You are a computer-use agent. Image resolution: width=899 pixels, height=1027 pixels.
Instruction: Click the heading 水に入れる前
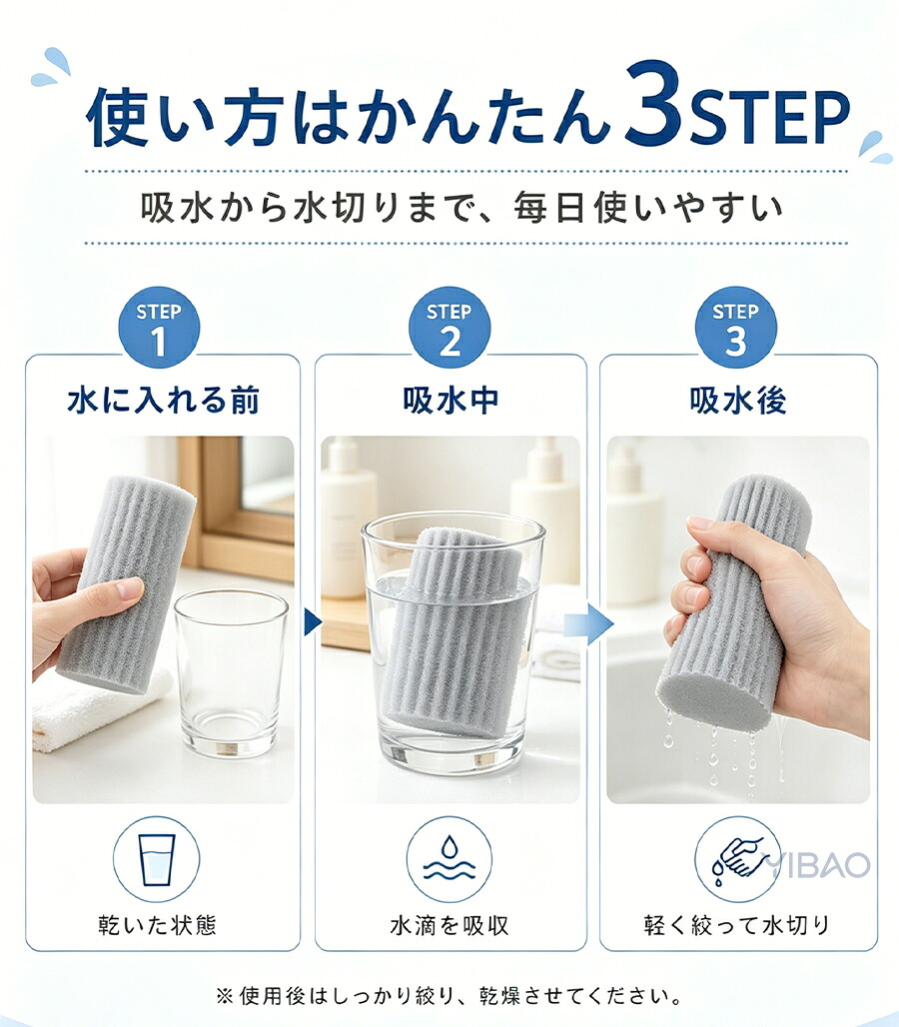pyautogui.click(x=164, y=401)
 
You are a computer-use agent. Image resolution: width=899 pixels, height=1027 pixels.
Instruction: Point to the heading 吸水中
pyautogui.click(x=450, y=401)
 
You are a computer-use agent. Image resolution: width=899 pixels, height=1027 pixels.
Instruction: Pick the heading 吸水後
pyautogui.click(x=738, y=401)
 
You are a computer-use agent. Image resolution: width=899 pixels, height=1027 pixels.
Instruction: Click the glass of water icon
pyautogui.click(x=157, y=859)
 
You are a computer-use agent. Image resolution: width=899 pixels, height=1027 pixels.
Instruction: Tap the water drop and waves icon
pyautogui.click(x=449, y=859)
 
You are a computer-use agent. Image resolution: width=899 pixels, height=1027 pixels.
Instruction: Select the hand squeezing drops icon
pyautogui.click(x=737, y=859)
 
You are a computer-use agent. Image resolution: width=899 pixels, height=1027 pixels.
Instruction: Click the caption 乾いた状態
pyautogui.click(x=157, y=925)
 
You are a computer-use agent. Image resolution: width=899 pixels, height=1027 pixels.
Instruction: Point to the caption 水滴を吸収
pyautogui.click(x=449, y=925)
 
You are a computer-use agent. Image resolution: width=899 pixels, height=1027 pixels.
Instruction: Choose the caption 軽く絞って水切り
pyautogui.click(x=737, y=925)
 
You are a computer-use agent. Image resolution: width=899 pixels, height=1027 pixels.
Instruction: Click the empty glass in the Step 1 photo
pyautogui.click(x=231, y=674)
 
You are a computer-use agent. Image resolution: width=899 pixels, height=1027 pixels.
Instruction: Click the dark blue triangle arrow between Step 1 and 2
pyautogui.click(x=313, y=622)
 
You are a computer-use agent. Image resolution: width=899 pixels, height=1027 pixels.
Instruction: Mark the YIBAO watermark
pyautogui.click(x=817, y=864)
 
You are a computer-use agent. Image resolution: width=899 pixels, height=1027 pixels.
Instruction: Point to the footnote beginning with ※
pyautogui.click(x=449, y=996)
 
